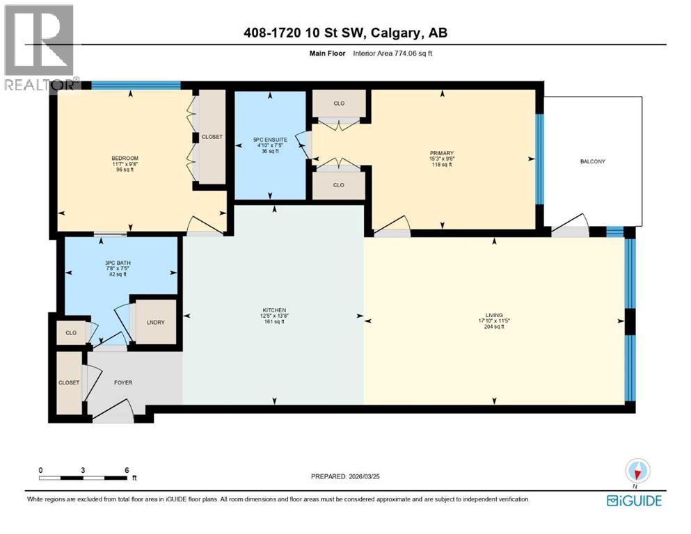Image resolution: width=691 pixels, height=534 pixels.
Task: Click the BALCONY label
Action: pyautogui.click(x=592, y=162)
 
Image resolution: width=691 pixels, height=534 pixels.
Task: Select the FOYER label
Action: pyautogui.click(x=122, y=382)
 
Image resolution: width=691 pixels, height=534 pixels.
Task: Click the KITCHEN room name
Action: pyautogui.click(x=273, y=310)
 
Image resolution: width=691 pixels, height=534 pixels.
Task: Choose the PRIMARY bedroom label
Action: pyautogui.click(x=442, y=153)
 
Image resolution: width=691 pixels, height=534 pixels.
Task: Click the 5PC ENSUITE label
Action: pyautogui.click(x=270, y=140)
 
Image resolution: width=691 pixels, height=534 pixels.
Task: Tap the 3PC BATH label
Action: pyautogui.click(x=117, y=262)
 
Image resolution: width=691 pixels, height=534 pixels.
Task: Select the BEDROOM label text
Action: pyautogui.click(x=125, y=159)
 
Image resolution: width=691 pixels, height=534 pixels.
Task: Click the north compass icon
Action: pyautogui.click(x=637, y=472)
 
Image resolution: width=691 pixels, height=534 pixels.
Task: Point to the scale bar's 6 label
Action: pyautogui.click(x=126, y=470)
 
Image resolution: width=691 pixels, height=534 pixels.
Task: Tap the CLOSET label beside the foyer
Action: pyautogui.click(x=69, y=382)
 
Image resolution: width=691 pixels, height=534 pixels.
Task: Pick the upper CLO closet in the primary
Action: pyautogui.click(x=339, y=104)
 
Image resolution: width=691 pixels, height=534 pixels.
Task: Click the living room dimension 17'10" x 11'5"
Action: pyautogui.click(x=495, y=321)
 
